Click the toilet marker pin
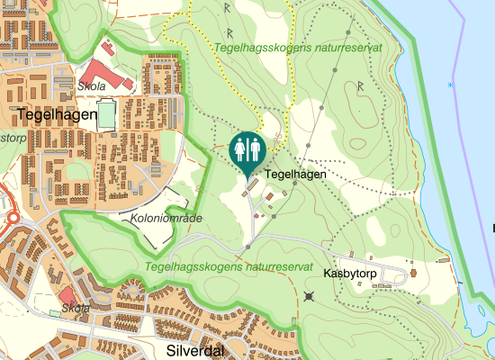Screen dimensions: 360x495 tap(247, 150)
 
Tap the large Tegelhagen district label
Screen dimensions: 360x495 tap(56, 114)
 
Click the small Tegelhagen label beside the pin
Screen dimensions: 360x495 tap(295, 174)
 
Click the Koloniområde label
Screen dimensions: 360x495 tap(166, 219)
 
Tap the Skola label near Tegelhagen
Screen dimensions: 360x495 tap(92, 86)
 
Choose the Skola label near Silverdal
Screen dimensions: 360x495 tap(76, 309)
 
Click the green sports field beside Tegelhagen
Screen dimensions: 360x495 tap(106, 115)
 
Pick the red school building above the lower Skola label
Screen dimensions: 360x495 tap(67, 296)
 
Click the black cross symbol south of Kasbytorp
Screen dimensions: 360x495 tap(310, 296)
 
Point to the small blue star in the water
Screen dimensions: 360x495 tap(450, 85)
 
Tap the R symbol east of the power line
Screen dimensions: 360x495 tap(360, 86)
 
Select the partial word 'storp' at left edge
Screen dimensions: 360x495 tap(12, 138)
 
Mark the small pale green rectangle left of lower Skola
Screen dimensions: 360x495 tap(54, 312)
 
